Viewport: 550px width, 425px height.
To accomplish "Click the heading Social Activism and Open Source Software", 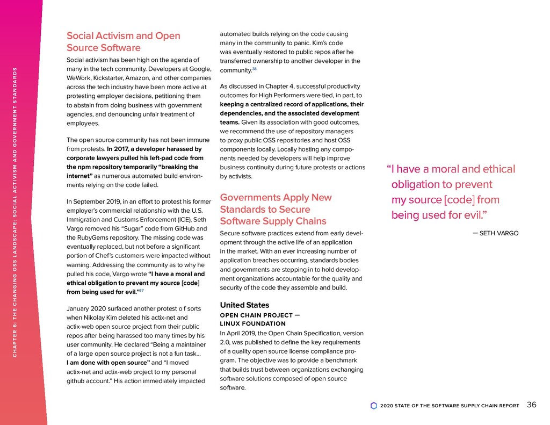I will pos(123,41).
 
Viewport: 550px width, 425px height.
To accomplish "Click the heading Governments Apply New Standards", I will pos(276,209).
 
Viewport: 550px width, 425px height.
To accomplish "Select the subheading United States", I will pos(244,305).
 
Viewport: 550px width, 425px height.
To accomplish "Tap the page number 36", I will pos(531,405).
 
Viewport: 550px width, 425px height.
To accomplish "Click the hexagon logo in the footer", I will pos(374,406).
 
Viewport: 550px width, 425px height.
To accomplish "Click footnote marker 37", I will pos(141,291).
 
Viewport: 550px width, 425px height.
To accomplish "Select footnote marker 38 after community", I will pos(255,69).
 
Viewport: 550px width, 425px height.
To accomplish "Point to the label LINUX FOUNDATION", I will pos(252,323).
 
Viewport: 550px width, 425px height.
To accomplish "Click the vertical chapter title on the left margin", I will pos(16,212).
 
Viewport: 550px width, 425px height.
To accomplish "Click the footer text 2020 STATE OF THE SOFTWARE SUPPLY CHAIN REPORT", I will pos(450,406).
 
